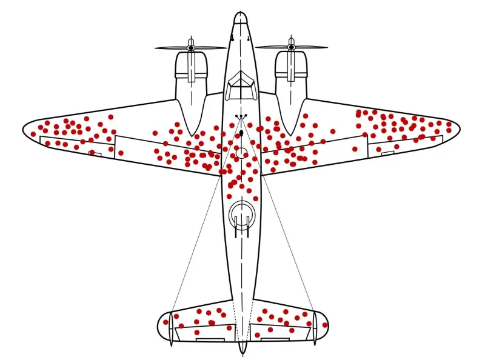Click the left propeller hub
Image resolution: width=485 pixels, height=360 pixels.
[x=190, y=47]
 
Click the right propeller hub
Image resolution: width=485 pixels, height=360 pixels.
[x=291, y=47]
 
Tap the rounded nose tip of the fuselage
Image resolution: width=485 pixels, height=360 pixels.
[x=241, y=15]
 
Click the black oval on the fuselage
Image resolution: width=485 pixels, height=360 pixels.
[x=242, y=133]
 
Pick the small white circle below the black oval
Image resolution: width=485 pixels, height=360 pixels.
[x=241, y=153]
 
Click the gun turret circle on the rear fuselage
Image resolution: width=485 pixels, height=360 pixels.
[x=241, y=214]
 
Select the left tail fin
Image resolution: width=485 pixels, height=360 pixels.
[x=170, y=328]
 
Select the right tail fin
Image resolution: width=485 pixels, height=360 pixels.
[x=315, y=327]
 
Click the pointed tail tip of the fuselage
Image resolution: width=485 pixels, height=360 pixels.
[x=242, y=352]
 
